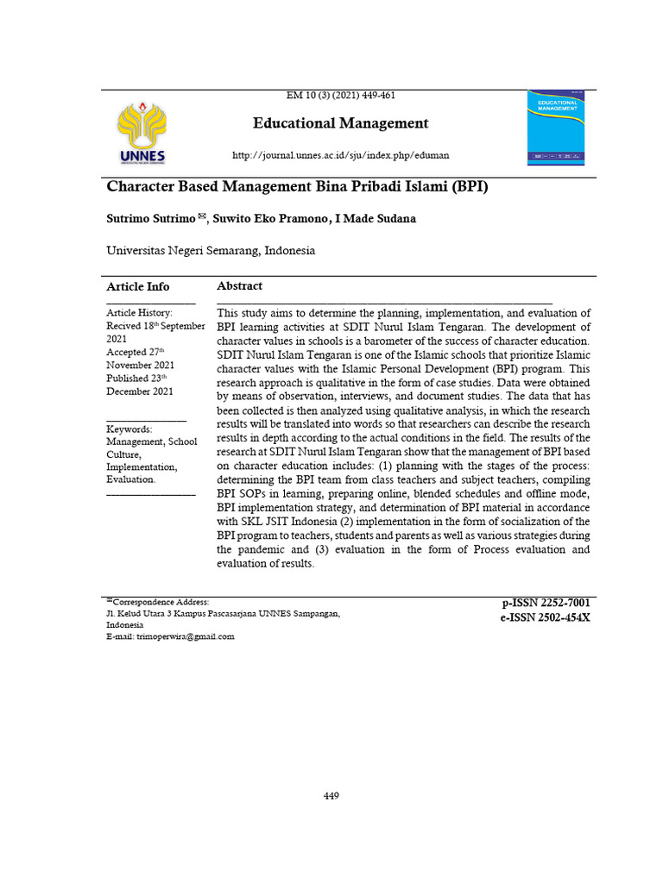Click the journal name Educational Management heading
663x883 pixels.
coord(340,123)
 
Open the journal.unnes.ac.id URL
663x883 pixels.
coord(341,155)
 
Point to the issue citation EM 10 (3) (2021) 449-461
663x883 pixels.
coord(341,95)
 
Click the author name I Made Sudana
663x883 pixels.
coord(379,219)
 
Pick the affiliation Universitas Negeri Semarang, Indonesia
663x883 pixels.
coord(211,251)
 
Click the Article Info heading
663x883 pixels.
coord(138,286)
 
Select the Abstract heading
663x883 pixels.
coord(240,286)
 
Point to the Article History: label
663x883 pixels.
coord(139,313)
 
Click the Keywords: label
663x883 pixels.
coord(129,429)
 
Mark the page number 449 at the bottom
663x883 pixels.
coord(331,796)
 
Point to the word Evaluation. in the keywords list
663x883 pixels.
coord(131,479)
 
